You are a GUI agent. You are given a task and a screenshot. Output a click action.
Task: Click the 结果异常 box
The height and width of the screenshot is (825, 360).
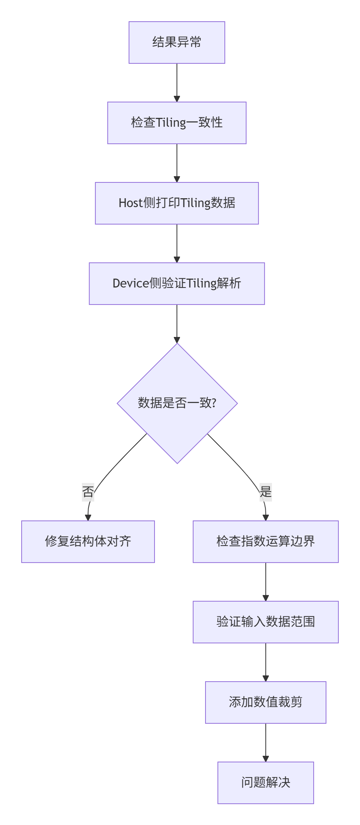(177, 43)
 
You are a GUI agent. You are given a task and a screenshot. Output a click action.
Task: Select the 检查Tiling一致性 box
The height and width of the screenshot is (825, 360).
(177, 123)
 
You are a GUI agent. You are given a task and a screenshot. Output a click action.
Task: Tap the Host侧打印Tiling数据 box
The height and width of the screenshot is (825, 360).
(177, 203)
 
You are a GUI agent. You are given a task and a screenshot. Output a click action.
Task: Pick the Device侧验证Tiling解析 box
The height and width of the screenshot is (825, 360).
(177, 284)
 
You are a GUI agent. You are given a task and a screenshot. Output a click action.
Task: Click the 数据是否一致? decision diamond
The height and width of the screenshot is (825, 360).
(177, 403)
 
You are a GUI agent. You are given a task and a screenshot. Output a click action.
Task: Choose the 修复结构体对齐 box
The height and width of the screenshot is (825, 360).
(88, 541)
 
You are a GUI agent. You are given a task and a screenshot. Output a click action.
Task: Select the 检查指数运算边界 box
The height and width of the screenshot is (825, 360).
(265, 541)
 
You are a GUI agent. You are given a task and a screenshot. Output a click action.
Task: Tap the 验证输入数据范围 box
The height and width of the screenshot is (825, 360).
(265, 622)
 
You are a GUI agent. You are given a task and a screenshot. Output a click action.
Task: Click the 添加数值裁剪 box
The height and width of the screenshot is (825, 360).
(265, 702)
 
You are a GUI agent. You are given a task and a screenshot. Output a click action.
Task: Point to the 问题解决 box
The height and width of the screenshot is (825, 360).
(265, 782)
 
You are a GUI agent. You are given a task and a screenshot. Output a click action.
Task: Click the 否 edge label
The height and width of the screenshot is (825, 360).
(88, 492)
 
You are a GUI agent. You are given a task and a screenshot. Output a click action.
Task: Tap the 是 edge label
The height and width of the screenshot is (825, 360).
(266, 492)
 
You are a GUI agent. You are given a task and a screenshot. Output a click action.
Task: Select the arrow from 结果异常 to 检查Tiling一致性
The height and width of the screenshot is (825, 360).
(177, 83)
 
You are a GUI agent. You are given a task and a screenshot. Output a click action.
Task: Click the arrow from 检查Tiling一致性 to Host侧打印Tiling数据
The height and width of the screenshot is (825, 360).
(177, 163)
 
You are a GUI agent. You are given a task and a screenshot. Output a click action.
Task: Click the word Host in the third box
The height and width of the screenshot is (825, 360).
(131, 203)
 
